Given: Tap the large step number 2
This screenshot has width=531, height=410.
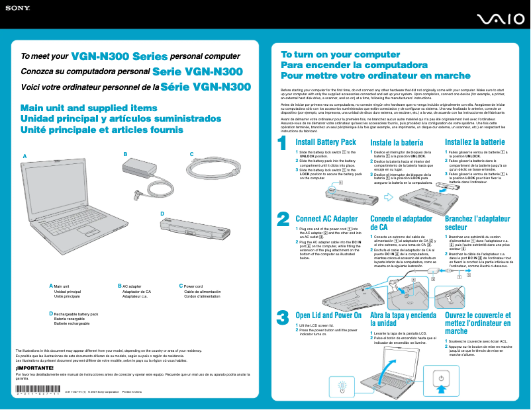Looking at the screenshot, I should click(x=283, y=200).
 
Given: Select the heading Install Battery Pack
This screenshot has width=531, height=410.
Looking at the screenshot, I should click(x=326, y=142).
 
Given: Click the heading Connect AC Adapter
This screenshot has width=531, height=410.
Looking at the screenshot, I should click(x=326, y=219).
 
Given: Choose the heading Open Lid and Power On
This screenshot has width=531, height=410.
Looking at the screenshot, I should click(x=328, y=315).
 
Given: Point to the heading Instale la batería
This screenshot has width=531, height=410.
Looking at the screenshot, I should click(x=397, y=143).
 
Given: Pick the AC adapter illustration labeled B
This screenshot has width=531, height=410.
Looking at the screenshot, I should click(x=144, y=174).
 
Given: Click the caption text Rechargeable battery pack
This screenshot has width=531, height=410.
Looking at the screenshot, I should click(x=75, y=314).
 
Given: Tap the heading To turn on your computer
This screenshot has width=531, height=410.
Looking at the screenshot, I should click(x=331, y=55).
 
